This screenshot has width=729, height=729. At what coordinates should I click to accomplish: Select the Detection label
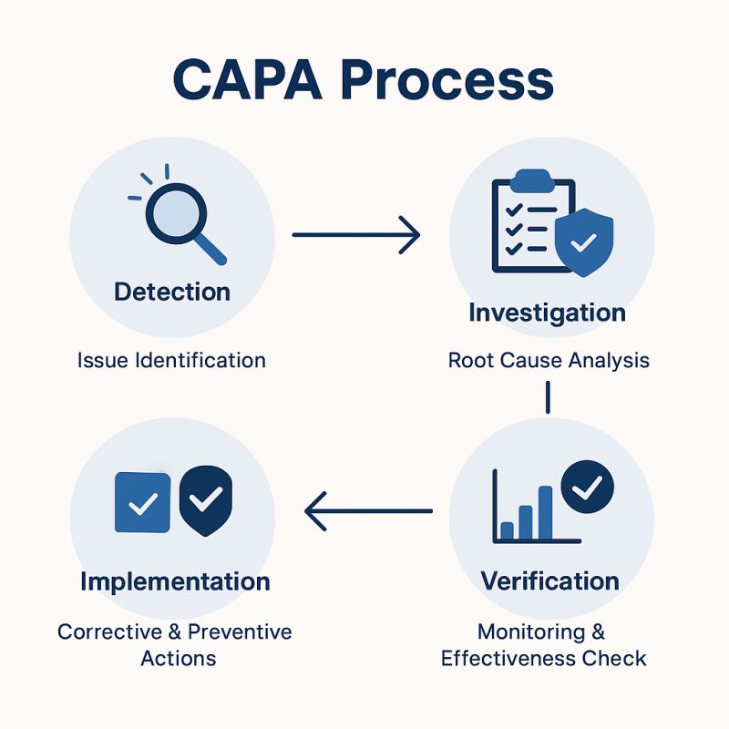(x=172, y=292)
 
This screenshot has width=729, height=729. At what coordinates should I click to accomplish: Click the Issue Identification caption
(x=171, y=360)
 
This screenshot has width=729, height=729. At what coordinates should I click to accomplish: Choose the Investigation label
(x=547, y=313)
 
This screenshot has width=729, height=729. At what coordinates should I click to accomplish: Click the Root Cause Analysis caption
(x=549, y=360)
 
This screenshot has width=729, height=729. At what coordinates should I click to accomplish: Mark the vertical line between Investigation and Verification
(x=549, y=398)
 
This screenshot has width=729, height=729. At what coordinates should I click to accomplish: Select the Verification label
(x=549, y=580)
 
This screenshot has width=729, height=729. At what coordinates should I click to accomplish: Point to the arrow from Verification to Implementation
(x=368, y=511)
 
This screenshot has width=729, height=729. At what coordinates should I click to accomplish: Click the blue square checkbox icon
(x=142, y=502)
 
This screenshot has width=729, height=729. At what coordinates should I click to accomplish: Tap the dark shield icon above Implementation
(x=205, y=500)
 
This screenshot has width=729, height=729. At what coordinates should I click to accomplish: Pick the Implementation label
(x=175, y=581)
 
